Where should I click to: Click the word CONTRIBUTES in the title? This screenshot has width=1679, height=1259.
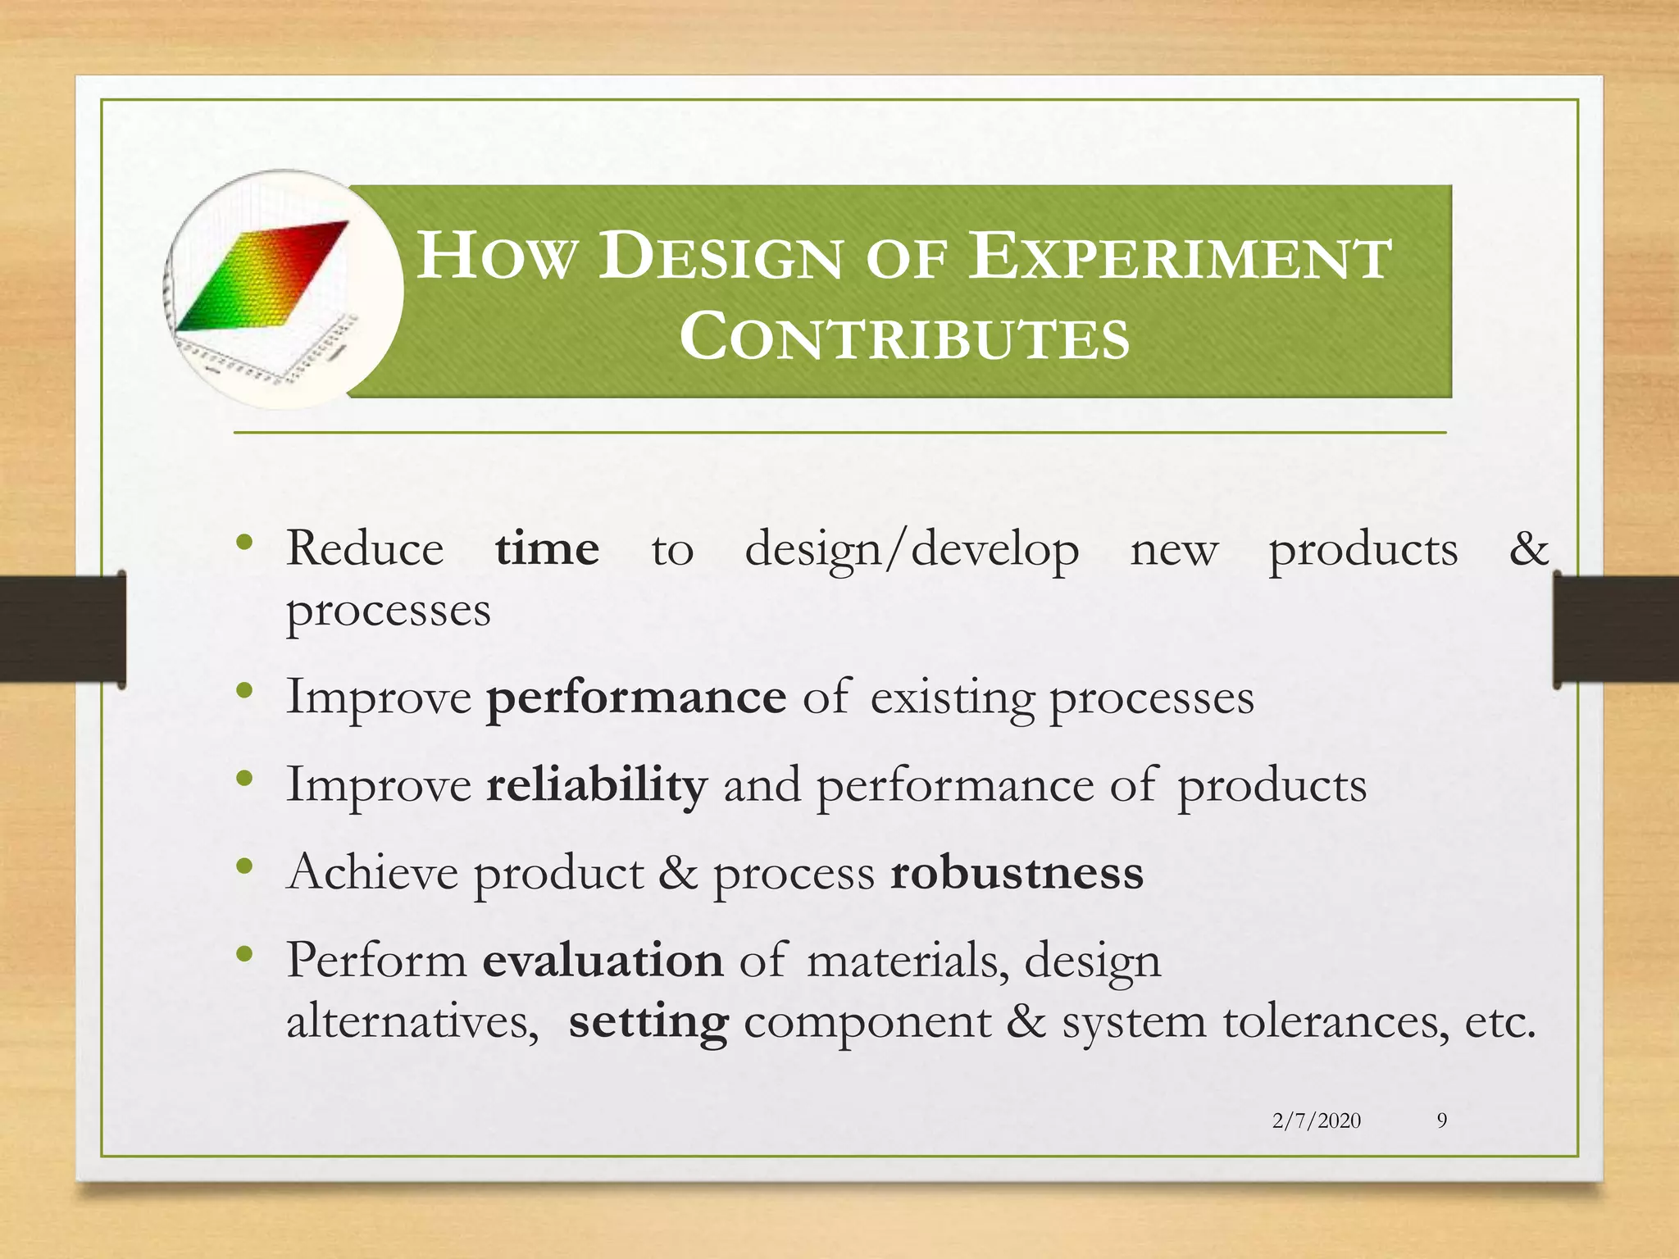[904, 337]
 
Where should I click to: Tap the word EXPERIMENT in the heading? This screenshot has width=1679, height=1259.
[1180, 257]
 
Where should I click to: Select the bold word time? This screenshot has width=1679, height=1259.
[547, 548]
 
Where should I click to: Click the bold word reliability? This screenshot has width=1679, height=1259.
[596, 784]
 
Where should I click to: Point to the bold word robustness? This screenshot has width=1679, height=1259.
[1017, 872]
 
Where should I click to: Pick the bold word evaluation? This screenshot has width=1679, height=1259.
[603, 960]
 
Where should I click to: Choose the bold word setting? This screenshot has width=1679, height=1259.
[648, 1022]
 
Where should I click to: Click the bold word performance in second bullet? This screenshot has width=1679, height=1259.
[636, 698]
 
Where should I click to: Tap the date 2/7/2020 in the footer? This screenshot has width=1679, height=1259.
[1316, 1120]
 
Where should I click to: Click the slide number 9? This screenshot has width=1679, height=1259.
[1441, 1120]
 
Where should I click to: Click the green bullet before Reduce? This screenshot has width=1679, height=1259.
[244, 543]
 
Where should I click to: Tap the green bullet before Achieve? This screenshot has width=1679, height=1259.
[244, 866]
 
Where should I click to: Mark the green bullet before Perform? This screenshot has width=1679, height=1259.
[244, 953]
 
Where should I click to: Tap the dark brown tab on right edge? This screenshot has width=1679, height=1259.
[1615, 629]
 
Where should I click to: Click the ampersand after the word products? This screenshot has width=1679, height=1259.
[1528, 548]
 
